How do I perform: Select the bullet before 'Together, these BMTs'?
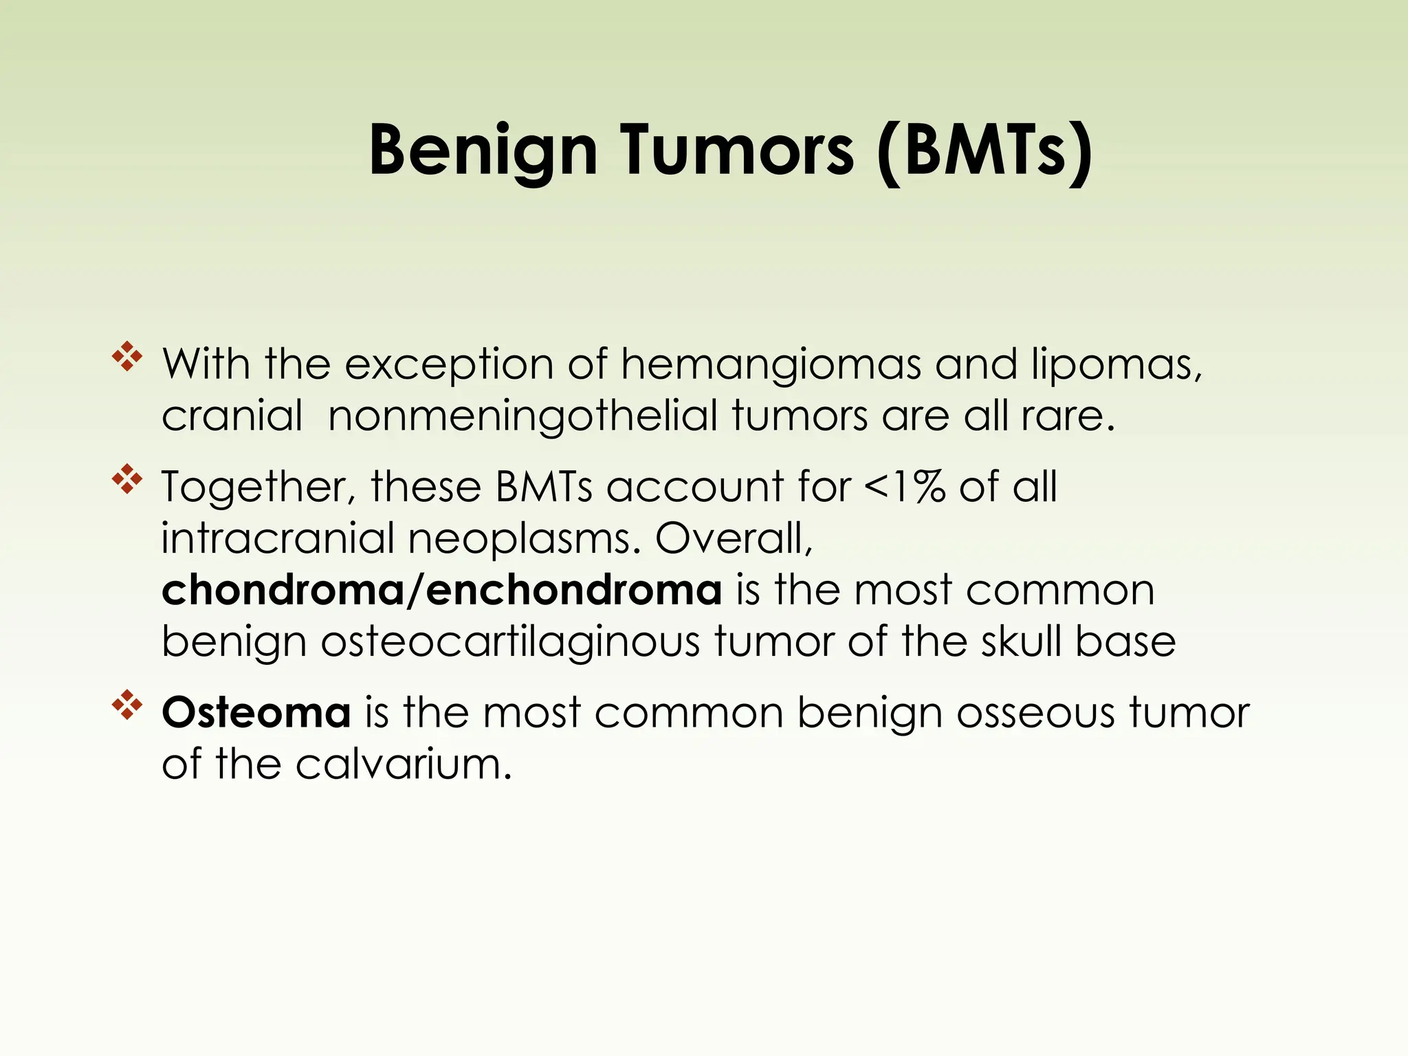(x=127, y=480)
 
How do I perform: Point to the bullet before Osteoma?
(x=127, y=706)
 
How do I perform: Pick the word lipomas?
(x=1115, y=364)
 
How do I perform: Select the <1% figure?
(x=903, y=487)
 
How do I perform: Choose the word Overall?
(x=734, y=538)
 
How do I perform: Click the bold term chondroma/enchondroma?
(x=441, y=590)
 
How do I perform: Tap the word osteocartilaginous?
(x=510, y=642)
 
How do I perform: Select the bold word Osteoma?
(x=256, y=712)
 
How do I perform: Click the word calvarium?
(x=404, y=764)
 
